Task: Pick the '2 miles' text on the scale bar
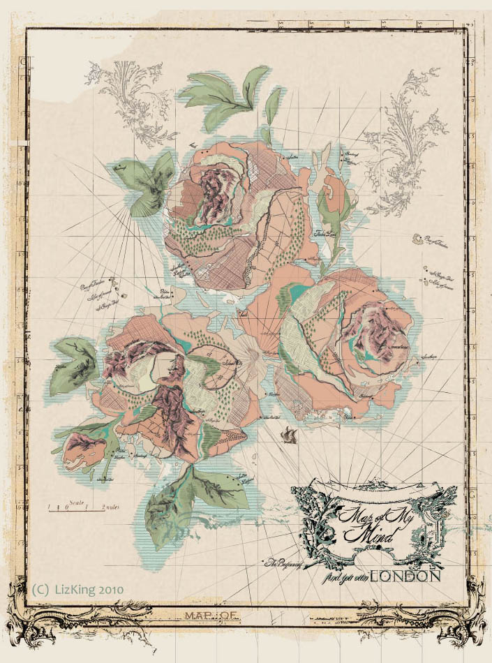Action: (x=110, y=507)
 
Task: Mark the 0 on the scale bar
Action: (x=66, y=508)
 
